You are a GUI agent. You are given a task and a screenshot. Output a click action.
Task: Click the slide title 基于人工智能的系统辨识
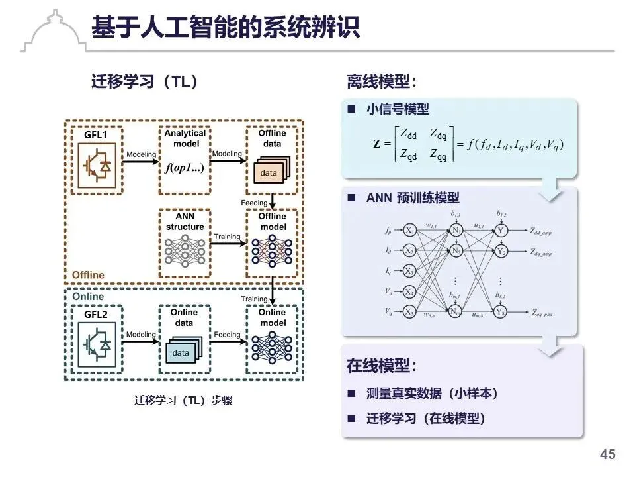[225, 27]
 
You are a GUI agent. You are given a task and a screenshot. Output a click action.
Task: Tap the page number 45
[607, 454]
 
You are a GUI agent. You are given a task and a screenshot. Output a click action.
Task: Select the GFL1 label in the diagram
[95, 135]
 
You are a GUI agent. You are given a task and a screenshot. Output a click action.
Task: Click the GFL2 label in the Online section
[95, 314]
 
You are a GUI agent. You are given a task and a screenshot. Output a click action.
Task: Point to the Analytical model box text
[185, 138]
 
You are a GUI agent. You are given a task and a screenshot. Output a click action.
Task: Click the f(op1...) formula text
[185, 168]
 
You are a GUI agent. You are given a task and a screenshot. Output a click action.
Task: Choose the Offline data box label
[272, 138]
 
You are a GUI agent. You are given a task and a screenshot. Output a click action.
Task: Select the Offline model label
[272, 221]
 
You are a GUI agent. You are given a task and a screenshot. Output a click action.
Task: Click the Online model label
[272, 317]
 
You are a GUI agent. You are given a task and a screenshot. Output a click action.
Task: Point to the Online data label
[184, 317]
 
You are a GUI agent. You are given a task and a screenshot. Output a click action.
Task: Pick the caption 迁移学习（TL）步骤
[183, 401]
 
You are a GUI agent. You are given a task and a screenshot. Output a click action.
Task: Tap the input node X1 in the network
[410, 231]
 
